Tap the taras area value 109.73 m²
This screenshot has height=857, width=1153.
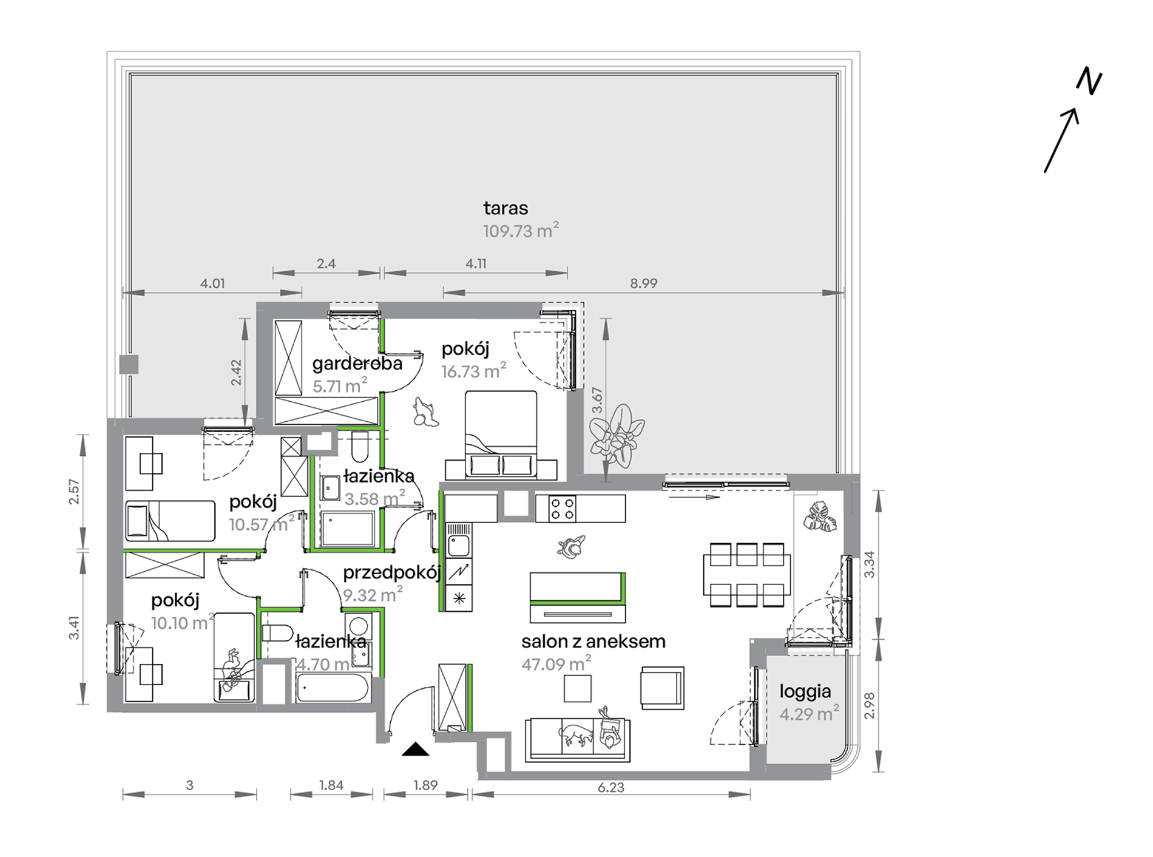coord(521,231)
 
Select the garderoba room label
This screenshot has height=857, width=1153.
coord(357,364)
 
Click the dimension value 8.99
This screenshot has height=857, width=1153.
coord(643,283)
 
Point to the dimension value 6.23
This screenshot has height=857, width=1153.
coord(610,787)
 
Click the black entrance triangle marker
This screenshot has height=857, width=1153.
coord(415,750)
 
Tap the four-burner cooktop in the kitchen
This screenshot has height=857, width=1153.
coord(562,509)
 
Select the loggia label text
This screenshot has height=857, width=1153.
coord(805,691)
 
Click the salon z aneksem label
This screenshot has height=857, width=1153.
coord(593,641)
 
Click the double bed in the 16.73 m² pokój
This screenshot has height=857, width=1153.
coord(501,435)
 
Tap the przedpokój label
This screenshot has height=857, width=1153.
coord(391,573)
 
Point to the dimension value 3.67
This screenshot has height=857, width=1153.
coord(598,401)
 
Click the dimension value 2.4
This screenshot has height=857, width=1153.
coord(326,263)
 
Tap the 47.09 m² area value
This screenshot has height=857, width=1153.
coord(556,664)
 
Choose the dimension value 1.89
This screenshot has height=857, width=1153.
coord(425,785)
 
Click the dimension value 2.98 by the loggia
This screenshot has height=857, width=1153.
coord(870,705)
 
